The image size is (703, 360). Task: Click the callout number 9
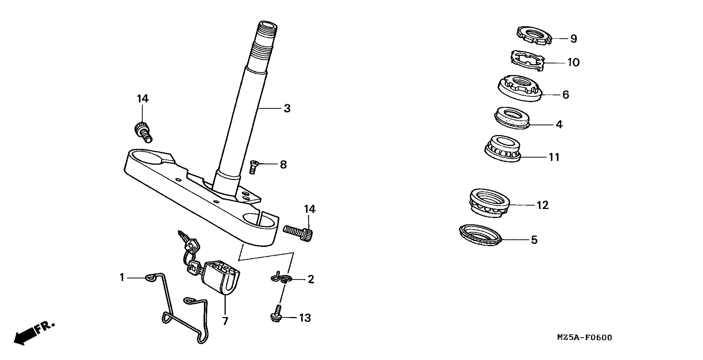(x=574, y=39)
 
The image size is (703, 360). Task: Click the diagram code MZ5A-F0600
(x=584, y=338)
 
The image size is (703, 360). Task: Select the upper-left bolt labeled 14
(x=143, y=132)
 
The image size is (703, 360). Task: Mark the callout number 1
(x=122, y=278)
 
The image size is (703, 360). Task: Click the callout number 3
(x=287, y=109)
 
